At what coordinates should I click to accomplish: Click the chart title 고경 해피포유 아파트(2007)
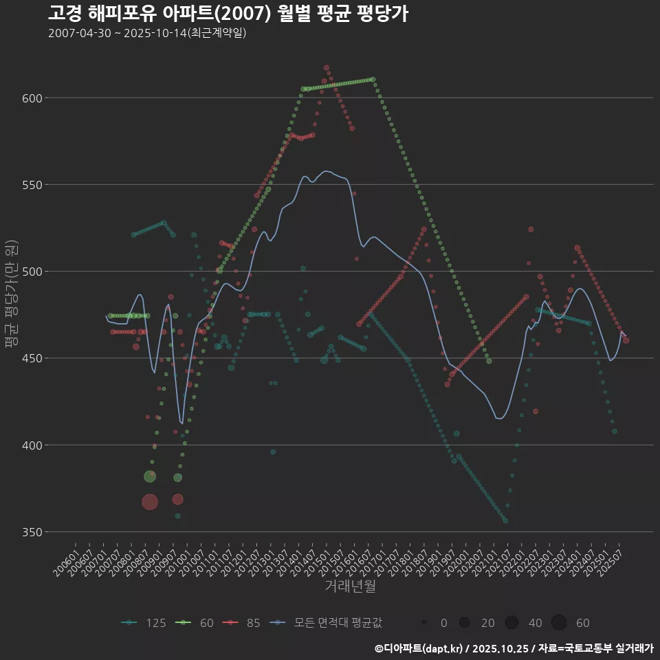[228, 13]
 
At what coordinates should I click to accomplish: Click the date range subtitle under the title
[147, 33]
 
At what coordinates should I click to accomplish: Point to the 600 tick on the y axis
[33, 98]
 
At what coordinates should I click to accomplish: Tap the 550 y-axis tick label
[33, 185]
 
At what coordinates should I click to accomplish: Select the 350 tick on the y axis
[33, 532]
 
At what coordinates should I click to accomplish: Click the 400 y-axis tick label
[33, 445]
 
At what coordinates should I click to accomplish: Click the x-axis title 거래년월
[350, 586]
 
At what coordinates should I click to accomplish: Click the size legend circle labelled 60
[558, 623]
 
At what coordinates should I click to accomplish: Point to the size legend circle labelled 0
[425, 623]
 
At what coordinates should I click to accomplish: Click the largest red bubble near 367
[150, 503]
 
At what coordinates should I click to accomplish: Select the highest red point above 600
[327, 68]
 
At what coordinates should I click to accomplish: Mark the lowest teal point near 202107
[505, 520]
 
